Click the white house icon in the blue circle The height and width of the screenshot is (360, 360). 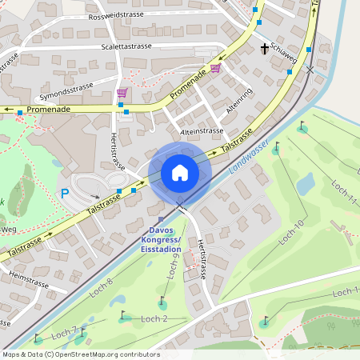180,173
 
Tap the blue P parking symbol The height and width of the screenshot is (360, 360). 65,193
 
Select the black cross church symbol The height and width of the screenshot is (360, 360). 265,49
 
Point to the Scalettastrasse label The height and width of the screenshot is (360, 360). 126,46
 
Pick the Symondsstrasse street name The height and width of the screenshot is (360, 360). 66,83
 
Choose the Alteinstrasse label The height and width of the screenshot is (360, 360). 202,130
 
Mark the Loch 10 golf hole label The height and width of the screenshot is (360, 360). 291,231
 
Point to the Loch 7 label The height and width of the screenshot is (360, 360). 64,331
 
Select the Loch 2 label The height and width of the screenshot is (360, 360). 154,319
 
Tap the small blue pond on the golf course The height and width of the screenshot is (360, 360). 306,184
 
